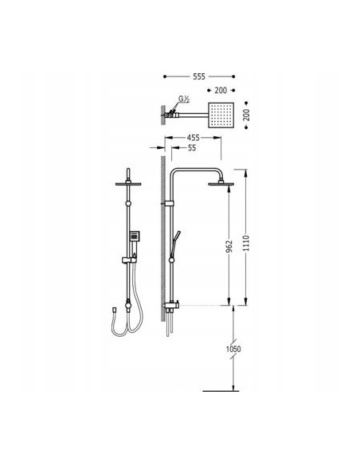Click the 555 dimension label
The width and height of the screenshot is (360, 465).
tap(199, 76)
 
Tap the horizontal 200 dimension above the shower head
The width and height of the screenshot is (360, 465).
tap(221, 90)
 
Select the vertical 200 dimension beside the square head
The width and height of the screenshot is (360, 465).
tap(246, 115)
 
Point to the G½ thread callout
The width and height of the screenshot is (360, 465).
tap(184, 100)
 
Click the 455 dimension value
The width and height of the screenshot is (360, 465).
tap(193, 138)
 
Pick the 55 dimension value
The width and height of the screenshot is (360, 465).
tap(192, 147)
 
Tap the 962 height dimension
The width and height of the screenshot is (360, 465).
tap(229, 247)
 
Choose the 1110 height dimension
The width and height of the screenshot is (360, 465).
tap(246, 243)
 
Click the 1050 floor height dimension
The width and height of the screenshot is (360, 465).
tap(233, 349)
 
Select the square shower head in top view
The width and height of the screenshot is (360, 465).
tap(221, 115)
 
